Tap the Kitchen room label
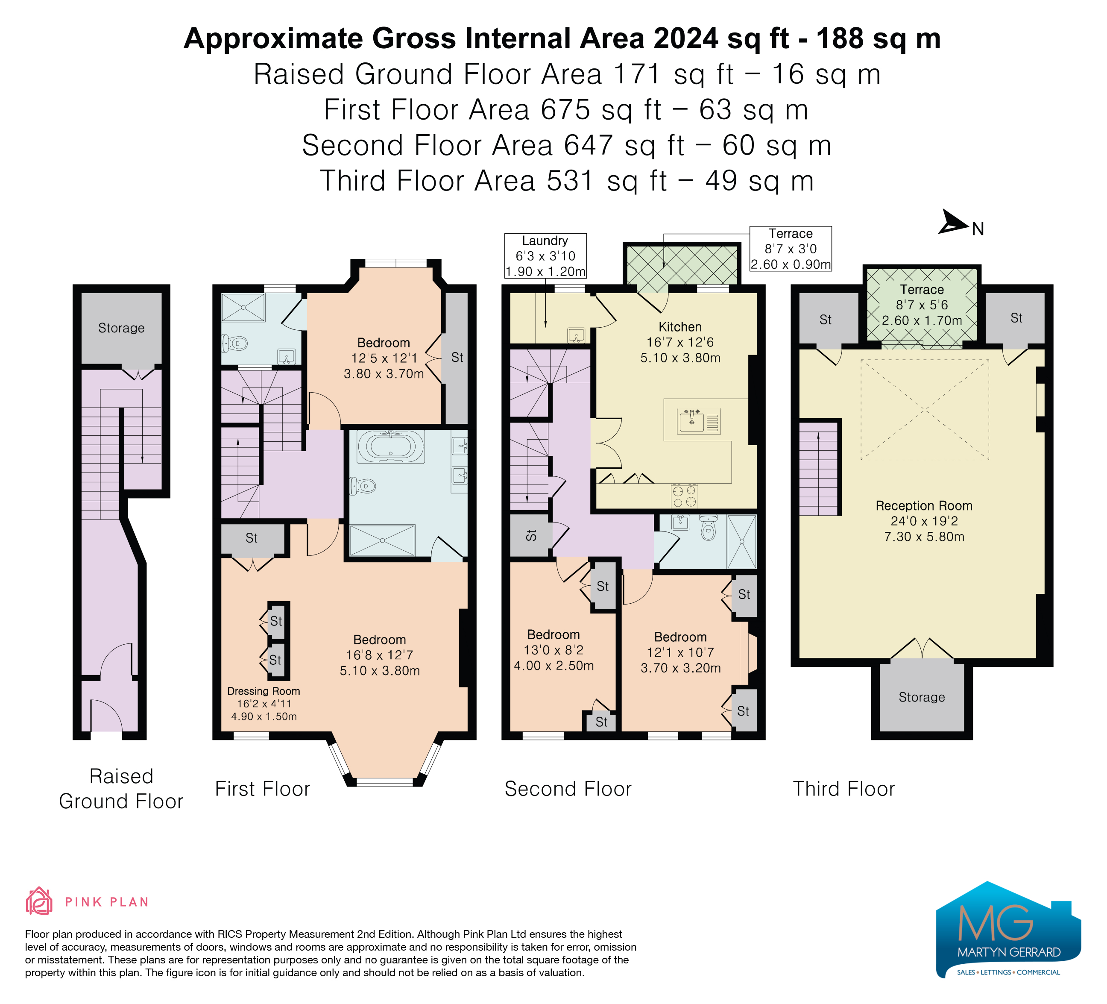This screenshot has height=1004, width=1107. point(680,327)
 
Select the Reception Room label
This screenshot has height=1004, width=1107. point(924,506)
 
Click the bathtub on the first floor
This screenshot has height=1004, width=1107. point(390,446)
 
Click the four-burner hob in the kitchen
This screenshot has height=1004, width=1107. point(684,496)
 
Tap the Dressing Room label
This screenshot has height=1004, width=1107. point(264,691)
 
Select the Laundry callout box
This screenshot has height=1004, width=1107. point(545,256)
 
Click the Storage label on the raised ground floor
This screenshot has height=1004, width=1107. point(121,328)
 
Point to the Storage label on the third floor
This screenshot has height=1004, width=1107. point(922,697)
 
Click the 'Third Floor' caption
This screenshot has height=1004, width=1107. point(844,789)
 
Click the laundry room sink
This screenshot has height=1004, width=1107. point(577,335)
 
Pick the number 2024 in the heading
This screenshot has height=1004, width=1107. point(686,38)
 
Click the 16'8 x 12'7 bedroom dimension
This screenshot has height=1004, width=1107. point(379,655)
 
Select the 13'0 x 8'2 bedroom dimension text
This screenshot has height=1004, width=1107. point(553,650)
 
